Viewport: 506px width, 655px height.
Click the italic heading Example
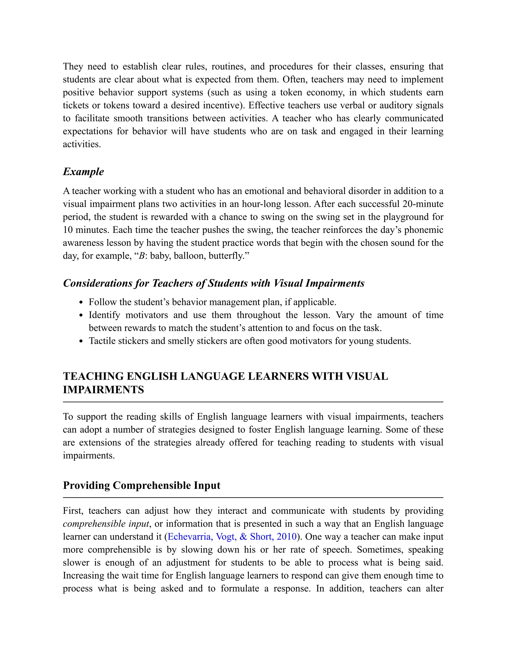[x=83, y=172]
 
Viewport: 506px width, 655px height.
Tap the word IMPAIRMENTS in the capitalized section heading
[x=104, y=390]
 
